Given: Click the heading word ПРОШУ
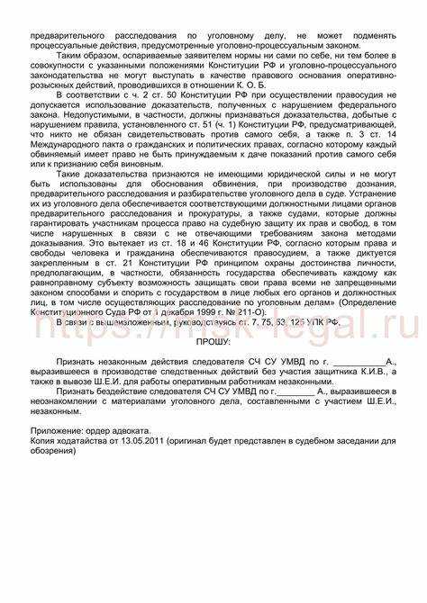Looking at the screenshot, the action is click(x=213, y=343).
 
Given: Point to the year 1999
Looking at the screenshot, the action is click(x=195, y=309).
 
